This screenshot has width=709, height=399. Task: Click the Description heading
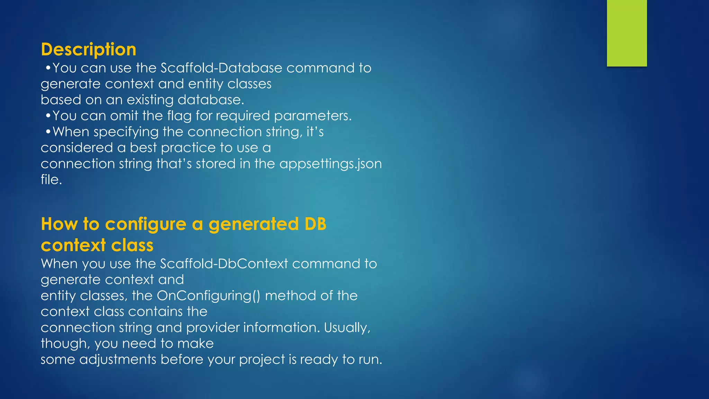[89, 50]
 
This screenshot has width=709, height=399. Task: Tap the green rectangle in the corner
[627, 33]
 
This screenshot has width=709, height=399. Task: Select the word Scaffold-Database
[221, 68]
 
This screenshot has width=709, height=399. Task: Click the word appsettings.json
[331, 164]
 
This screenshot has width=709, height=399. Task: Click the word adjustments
[118, 360]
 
